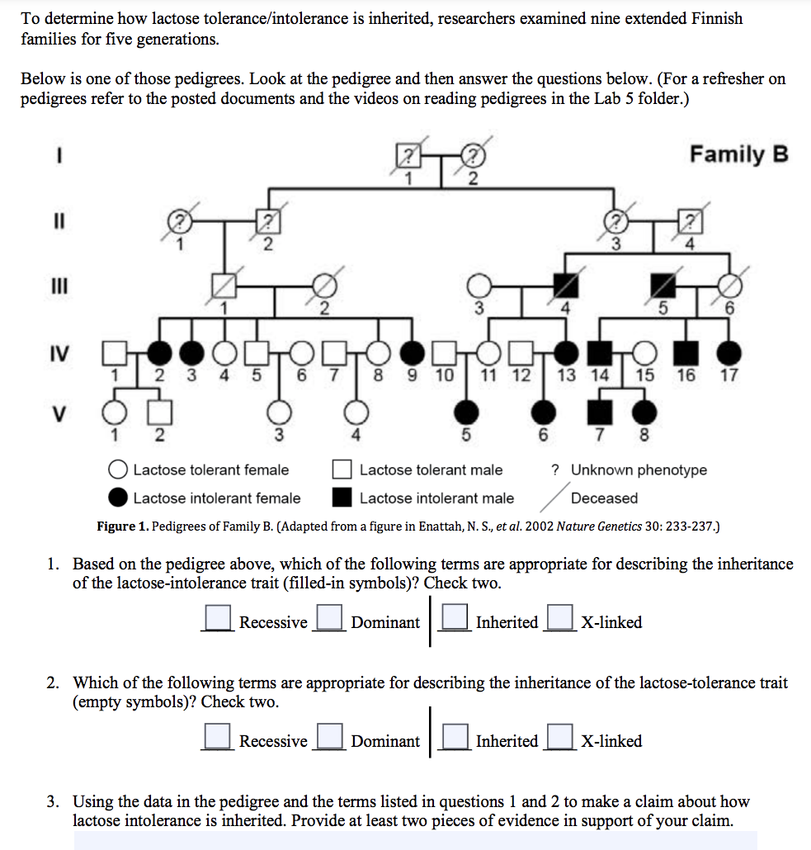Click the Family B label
point(739,154)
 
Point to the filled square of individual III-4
point(564,286)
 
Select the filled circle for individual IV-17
point(727,353)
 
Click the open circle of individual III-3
point(478,286)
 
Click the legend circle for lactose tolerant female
point(119,470)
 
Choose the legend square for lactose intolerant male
point(342,498)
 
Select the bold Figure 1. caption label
point(123,526)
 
